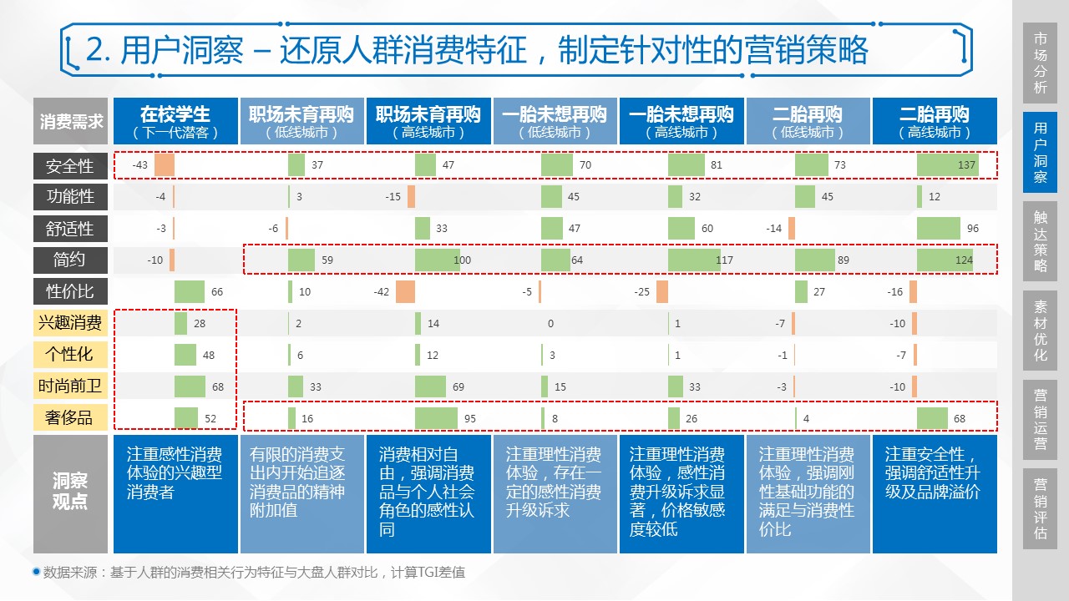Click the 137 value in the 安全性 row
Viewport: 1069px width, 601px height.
[x=966, y=165]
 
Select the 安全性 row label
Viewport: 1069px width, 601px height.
[x=70, y=166]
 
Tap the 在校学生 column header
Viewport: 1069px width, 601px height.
[x=175, y=121]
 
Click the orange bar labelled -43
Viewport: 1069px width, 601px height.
[x=164, y=165]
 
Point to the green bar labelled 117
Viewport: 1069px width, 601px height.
[x=693, y=260]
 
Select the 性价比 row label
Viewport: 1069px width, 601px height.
[x=70, y=291]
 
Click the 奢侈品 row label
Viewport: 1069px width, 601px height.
[x=70, y=417]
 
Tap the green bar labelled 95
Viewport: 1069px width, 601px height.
[x=436, y=418]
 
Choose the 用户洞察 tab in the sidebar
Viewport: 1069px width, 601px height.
[x=1040, y=152]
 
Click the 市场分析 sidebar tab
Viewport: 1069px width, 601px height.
[x=1040, y=63]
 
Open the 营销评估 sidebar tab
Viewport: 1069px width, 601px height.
[x=1040, y=508]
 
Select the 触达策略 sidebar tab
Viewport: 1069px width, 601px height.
[x=1040, y=241]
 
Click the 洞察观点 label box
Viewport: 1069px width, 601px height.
[x=70, y=492]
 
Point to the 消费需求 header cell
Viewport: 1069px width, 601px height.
[x=70, y=121]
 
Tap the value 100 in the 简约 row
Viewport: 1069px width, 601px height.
[x=462, y=260]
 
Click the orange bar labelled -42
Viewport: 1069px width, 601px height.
[x=405, y=291]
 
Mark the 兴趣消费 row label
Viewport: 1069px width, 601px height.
[x=70, y=323]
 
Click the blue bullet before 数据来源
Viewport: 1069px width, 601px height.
[x=36, y=573]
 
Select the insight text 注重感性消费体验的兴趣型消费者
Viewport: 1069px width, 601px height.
[x=175, y=473]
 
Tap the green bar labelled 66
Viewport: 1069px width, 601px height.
[x=190, y=291]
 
